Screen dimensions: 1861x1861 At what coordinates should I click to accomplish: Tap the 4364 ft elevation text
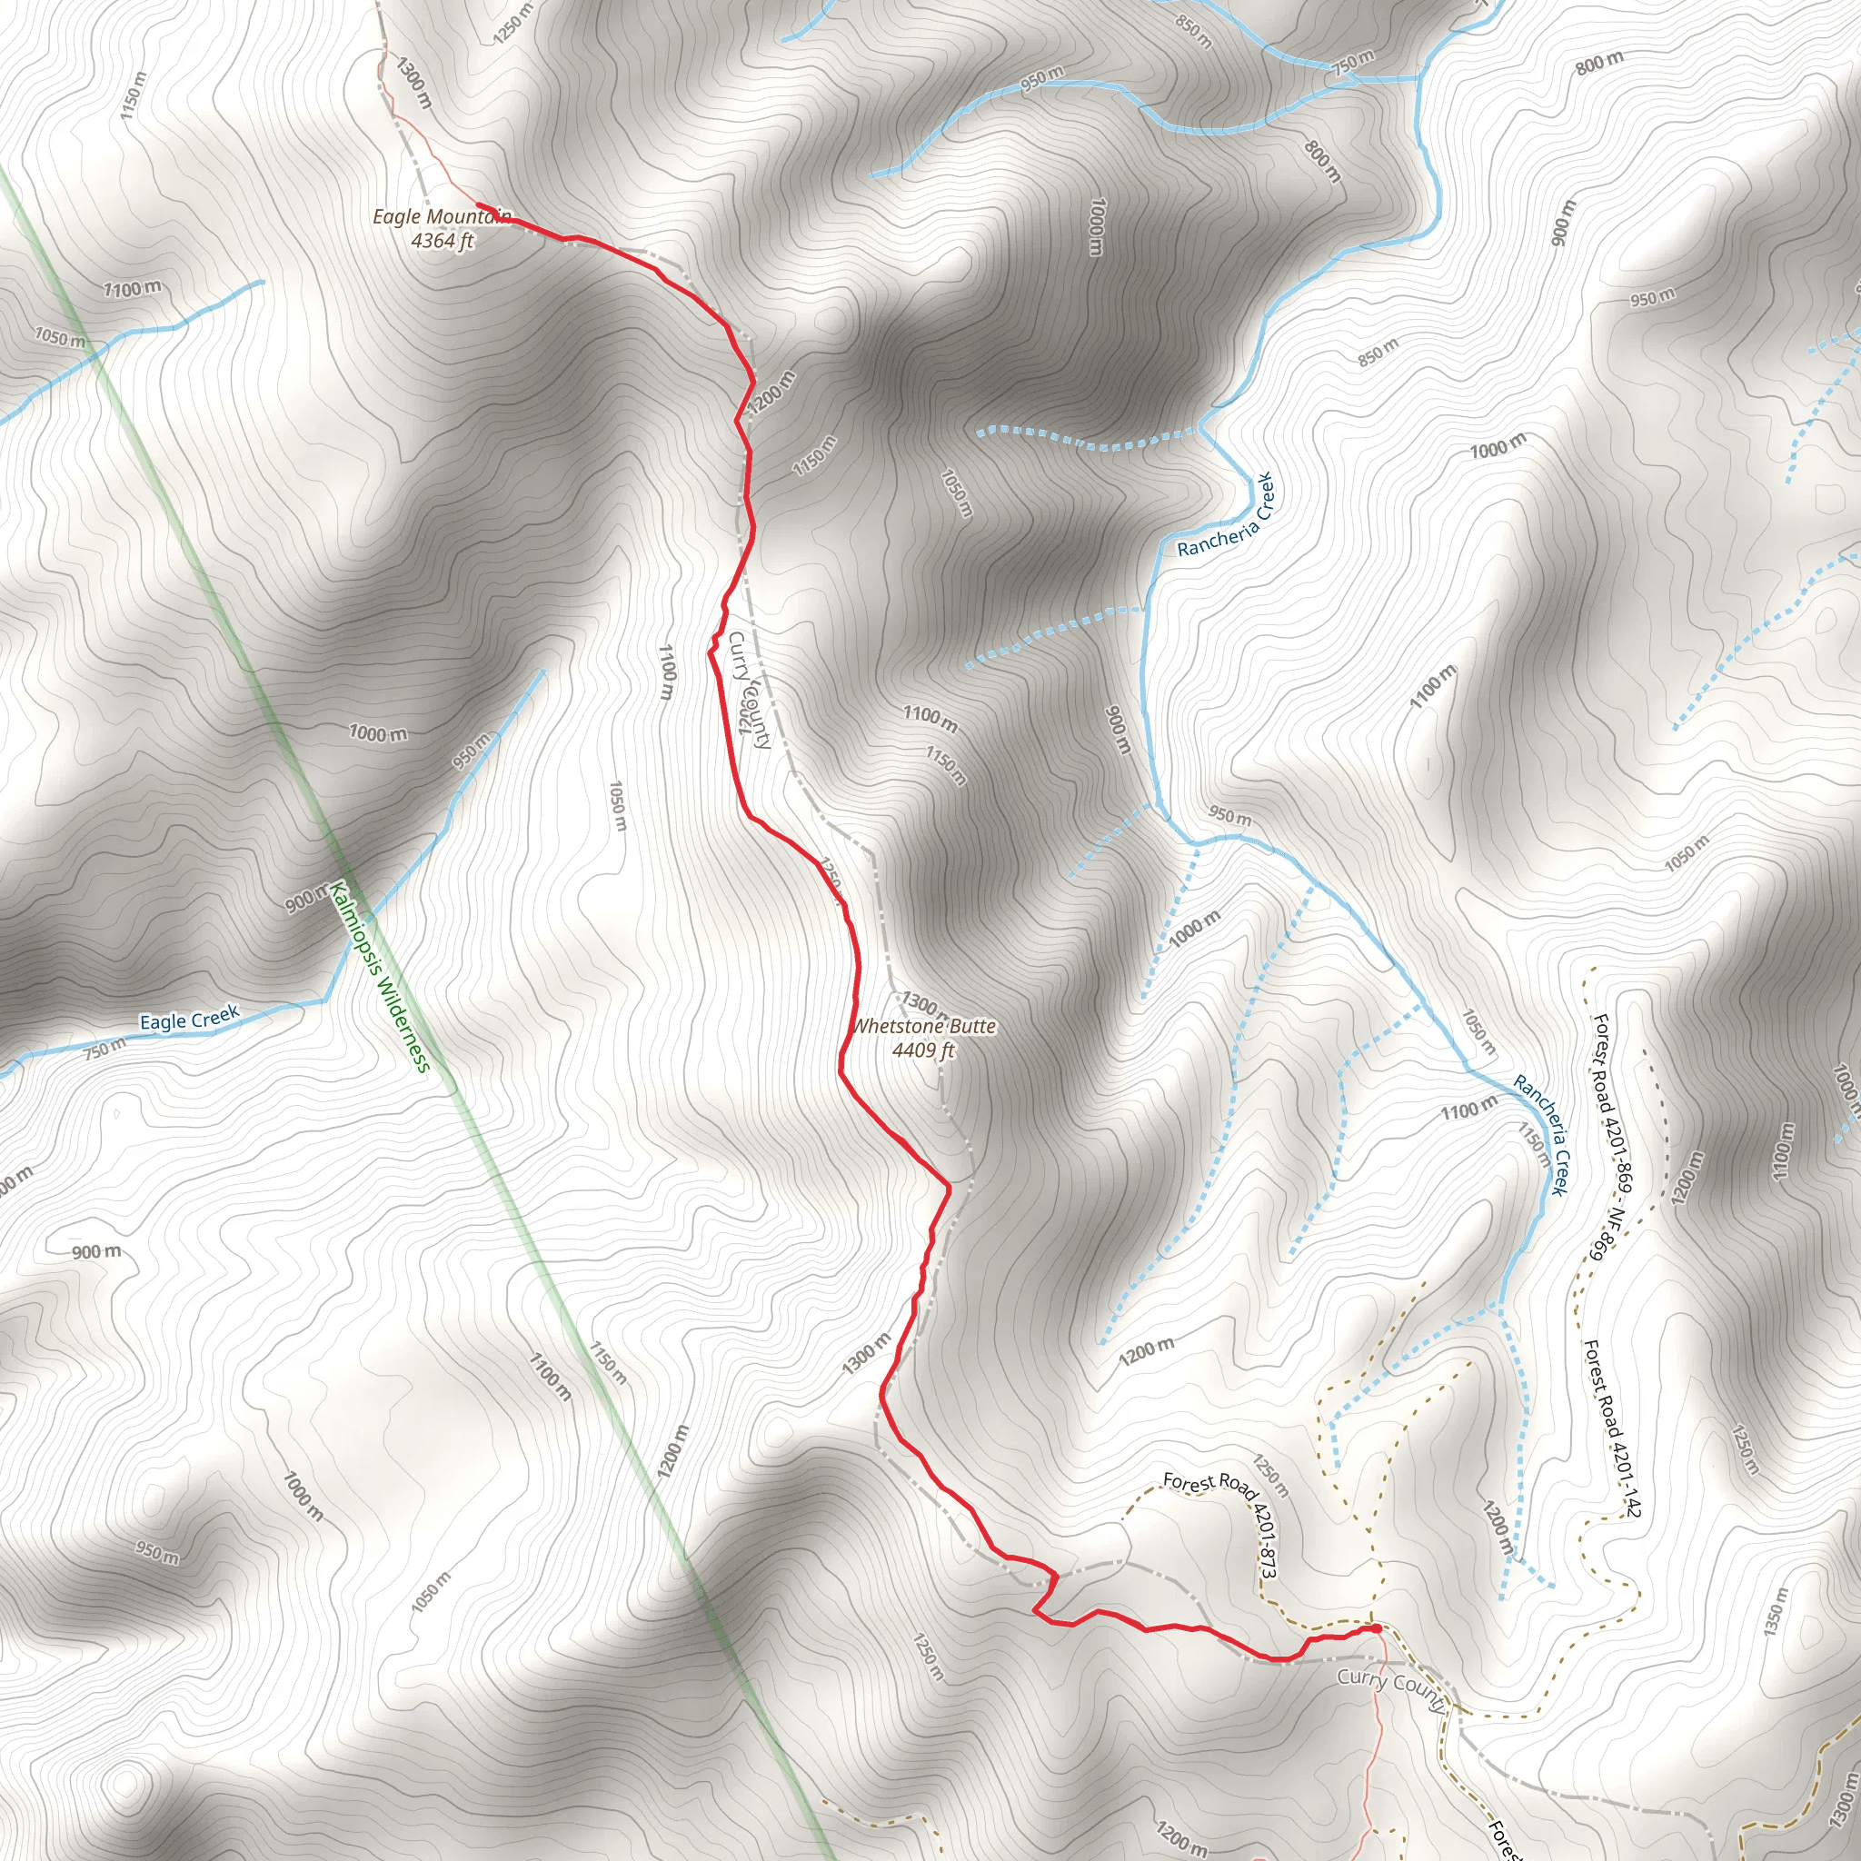click(443, 241)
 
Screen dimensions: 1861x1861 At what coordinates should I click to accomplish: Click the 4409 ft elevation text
click(923, 1050)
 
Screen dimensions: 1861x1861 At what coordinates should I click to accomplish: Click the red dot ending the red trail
click(1377, 1629)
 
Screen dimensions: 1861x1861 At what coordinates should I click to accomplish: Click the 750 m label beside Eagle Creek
click(104, 1049)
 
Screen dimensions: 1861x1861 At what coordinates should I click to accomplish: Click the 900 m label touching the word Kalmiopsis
click(307, 900)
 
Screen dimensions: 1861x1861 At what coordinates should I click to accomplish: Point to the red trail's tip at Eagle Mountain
click(478, 204)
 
